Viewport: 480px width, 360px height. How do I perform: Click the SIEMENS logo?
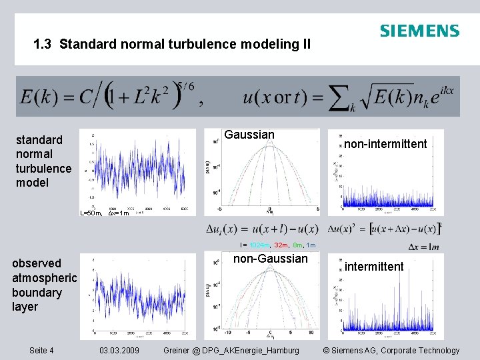tap(419, 31)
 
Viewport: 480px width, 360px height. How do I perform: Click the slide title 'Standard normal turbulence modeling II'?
tap(172, 45)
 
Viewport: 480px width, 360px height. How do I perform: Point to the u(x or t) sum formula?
tap(347, 97)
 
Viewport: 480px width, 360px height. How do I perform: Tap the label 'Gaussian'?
tap(249, 135)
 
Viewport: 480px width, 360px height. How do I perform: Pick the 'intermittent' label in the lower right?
tap(374, 267)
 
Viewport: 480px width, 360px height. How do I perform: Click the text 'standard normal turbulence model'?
tap(43, 161)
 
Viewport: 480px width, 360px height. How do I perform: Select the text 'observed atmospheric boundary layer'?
tap(45, 285)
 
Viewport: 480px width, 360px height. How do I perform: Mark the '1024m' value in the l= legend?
tap(259, 246)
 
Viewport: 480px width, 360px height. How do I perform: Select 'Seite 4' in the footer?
tap(41, 351)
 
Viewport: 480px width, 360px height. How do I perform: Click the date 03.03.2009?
tap(119, 351)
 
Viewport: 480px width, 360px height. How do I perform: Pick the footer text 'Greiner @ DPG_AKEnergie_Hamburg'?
tap(231, 351)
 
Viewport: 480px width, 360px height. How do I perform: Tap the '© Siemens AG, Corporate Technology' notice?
tap(391, 351)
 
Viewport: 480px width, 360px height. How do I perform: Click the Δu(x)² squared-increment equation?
tap(384, 229)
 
